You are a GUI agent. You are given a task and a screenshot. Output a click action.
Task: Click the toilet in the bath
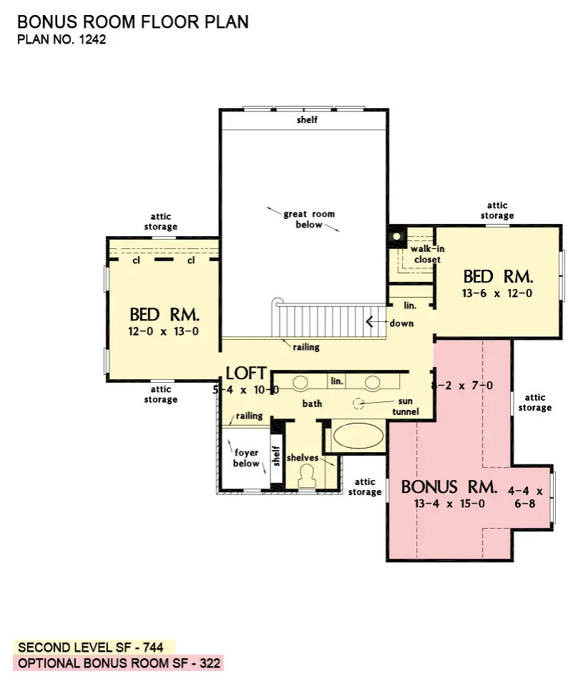click(x=307, y=476)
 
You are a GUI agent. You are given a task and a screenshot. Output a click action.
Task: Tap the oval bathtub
click(x=358, y=435)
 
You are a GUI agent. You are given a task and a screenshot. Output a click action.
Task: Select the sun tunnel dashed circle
click(x=358, y=404)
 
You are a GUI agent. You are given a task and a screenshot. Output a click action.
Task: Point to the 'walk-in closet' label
click(x=428, y=254)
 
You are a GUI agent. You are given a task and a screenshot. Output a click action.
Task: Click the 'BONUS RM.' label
click(x=449, y=487)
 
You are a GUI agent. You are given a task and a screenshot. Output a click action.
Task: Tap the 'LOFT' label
click(x=246, y=373)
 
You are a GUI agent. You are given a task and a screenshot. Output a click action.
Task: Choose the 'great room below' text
click(x=309, y=219)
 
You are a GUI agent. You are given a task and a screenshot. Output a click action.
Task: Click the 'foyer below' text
click(x=247, y=458)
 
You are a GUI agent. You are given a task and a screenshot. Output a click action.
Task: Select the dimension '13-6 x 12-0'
click(x=497, y=293)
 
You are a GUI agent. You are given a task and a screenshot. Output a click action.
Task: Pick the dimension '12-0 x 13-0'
click(x=164, y=331)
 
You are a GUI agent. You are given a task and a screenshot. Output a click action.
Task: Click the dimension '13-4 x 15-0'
click(x=449, y=504)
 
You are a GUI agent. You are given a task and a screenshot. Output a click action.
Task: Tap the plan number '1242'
click(x=92, y=39)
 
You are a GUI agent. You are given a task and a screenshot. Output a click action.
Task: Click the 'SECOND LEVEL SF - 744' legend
click(x=91, y=648)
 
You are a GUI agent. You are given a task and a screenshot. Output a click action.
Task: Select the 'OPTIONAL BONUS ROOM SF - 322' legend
click(x=119, y=663)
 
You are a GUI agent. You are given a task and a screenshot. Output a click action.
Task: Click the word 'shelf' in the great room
click(x=307, y=119)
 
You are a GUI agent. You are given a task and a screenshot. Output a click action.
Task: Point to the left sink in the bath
click(x=300, y=383)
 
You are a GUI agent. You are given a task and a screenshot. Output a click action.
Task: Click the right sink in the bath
click(x=372, y=383)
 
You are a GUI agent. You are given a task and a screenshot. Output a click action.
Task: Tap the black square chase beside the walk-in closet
click(x=396, y=237)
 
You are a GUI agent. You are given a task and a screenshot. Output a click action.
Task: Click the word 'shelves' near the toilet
click(x=303, y=458)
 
